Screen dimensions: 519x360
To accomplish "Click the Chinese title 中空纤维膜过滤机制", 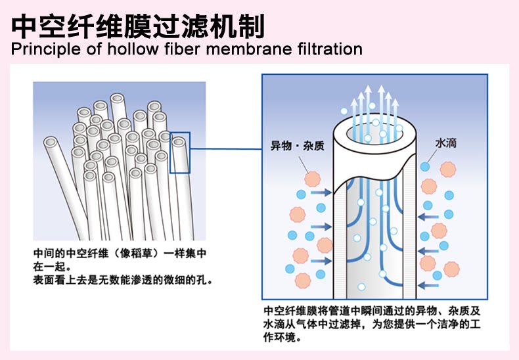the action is (x=138, y=26).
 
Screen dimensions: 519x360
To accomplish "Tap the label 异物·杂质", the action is (x=297, y=146).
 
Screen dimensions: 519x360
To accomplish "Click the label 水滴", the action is (x=445, y=143).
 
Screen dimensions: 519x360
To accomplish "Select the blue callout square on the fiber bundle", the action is (x=180, y=152).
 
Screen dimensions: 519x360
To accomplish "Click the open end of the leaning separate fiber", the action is (x=51, y=143).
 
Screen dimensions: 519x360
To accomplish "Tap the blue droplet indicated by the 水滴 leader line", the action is (x=425, y=166).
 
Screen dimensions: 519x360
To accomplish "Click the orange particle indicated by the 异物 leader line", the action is (x=313, y=179).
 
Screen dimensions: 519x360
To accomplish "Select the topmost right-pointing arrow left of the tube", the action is (x=321, y=192).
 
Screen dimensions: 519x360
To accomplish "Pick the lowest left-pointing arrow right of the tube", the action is (x=428, y=285).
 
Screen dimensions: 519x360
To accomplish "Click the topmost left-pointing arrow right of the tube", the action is (x=428, y=217).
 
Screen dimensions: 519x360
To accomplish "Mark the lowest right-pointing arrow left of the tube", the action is (x=321, y=261).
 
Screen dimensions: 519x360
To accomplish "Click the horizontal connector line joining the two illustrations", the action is (x=226, y=149).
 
